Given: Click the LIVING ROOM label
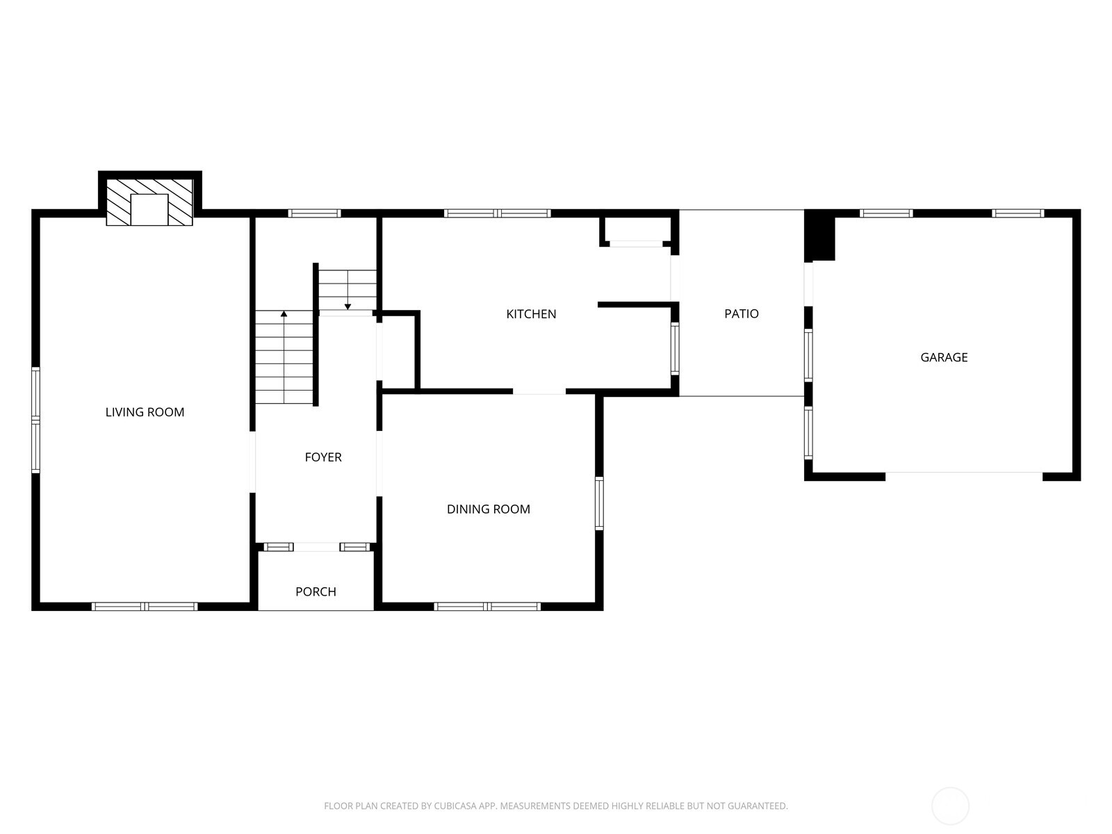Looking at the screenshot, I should [x=145, y=412].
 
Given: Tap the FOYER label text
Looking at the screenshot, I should [x=323, y=457].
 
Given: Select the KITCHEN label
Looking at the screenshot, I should [x=531, y=314].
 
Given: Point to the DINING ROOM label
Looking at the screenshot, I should [x=488, y=509].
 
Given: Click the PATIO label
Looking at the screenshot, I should [x=741, y=314].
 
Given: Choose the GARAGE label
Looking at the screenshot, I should [x=944, y=357].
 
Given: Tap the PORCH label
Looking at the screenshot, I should [x=316, y=592].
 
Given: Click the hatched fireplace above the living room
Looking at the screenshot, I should [x=149, y=201].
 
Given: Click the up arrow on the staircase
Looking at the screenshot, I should [x=284, y=315].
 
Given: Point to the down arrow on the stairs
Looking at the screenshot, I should [x=347, y=306].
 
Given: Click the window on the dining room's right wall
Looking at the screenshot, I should [x=599, y=503].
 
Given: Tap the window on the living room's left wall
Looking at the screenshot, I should [x=35, y=420].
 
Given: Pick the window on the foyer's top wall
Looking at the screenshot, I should [x=314, y=213].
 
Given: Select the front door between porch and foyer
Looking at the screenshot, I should [x=316, y=547].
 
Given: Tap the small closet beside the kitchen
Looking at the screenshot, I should [x=399, y=351].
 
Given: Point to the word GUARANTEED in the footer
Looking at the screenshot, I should [x=758, y=806].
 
